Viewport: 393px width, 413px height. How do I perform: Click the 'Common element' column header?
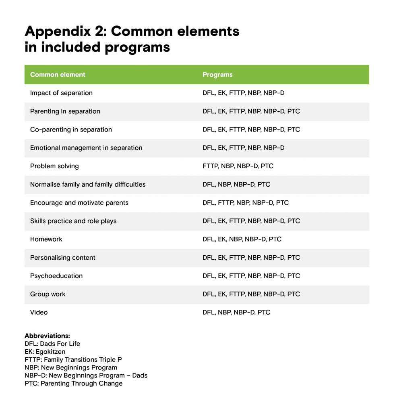tap(58, 75)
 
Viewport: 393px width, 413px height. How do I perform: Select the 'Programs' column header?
tap(217, 75)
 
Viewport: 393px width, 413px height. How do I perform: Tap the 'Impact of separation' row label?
tap(61, 93)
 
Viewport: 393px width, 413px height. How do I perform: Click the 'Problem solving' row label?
tap(54, 166)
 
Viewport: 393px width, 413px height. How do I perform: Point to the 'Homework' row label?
tap(46, 239)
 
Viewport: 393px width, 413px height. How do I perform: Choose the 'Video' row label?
tap(39, 312)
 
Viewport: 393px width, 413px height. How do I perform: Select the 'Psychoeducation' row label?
tap(56, 276)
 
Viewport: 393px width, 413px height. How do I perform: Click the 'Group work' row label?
tap(48, 294)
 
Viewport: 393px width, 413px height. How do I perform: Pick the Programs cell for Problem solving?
tap(238, 166)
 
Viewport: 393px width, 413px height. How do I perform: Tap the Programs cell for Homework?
tap(242, 239)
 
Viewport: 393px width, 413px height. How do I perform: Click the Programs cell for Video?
tap(236, 312)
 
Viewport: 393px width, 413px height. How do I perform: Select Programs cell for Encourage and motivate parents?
tap(246, 202)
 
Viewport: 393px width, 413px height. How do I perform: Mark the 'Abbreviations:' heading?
tap(47, 336)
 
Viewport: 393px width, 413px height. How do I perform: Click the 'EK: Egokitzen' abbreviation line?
tap(45, 352)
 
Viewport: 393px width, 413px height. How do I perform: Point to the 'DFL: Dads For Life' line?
tap(52, 344)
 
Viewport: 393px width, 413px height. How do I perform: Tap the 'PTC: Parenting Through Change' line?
tap(73, 383)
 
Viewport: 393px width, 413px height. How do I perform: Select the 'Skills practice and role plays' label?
tap(73, 221)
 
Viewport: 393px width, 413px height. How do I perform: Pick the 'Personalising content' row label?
tap(63, 257)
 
